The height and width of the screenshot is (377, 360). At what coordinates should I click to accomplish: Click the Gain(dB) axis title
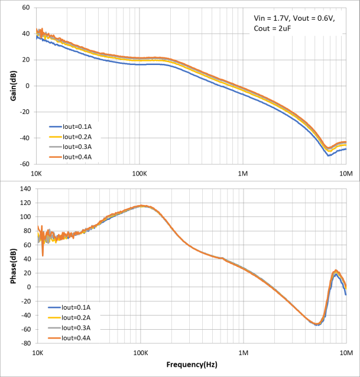click(12, 86)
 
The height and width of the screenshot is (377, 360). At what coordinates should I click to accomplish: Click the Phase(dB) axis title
click(12, 266)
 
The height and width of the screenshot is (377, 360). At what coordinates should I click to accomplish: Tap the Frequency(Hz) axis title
click(192, 365)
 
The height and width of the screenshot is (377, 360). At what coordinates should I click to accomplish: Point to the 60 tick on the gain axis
click(25, 8)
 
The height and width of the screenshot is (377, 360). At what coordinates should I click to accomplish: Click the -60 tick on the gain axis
click(24, 164)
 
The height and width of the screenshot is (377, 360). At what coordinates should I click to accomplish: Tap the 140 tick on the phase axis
click(24, 188)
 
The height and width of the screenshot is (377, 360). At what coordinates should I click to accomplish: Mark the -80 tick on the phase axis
click(24, 343)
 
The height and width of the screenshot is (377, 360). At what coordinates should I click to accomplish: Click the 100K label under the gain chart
click(140, 175)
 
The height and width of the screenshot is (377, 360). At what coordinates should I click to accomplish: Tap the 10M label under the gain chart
click(346, 175)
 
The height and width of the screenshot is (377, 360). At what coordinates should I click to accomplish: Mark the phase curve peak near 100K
click(141, 206)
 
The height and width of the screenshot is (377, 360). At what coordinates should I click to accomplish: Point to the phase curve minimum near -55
click(317, 325)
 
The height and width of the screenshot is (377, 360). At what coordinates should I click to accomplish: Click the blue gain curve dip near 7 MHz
click(329, 155)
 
